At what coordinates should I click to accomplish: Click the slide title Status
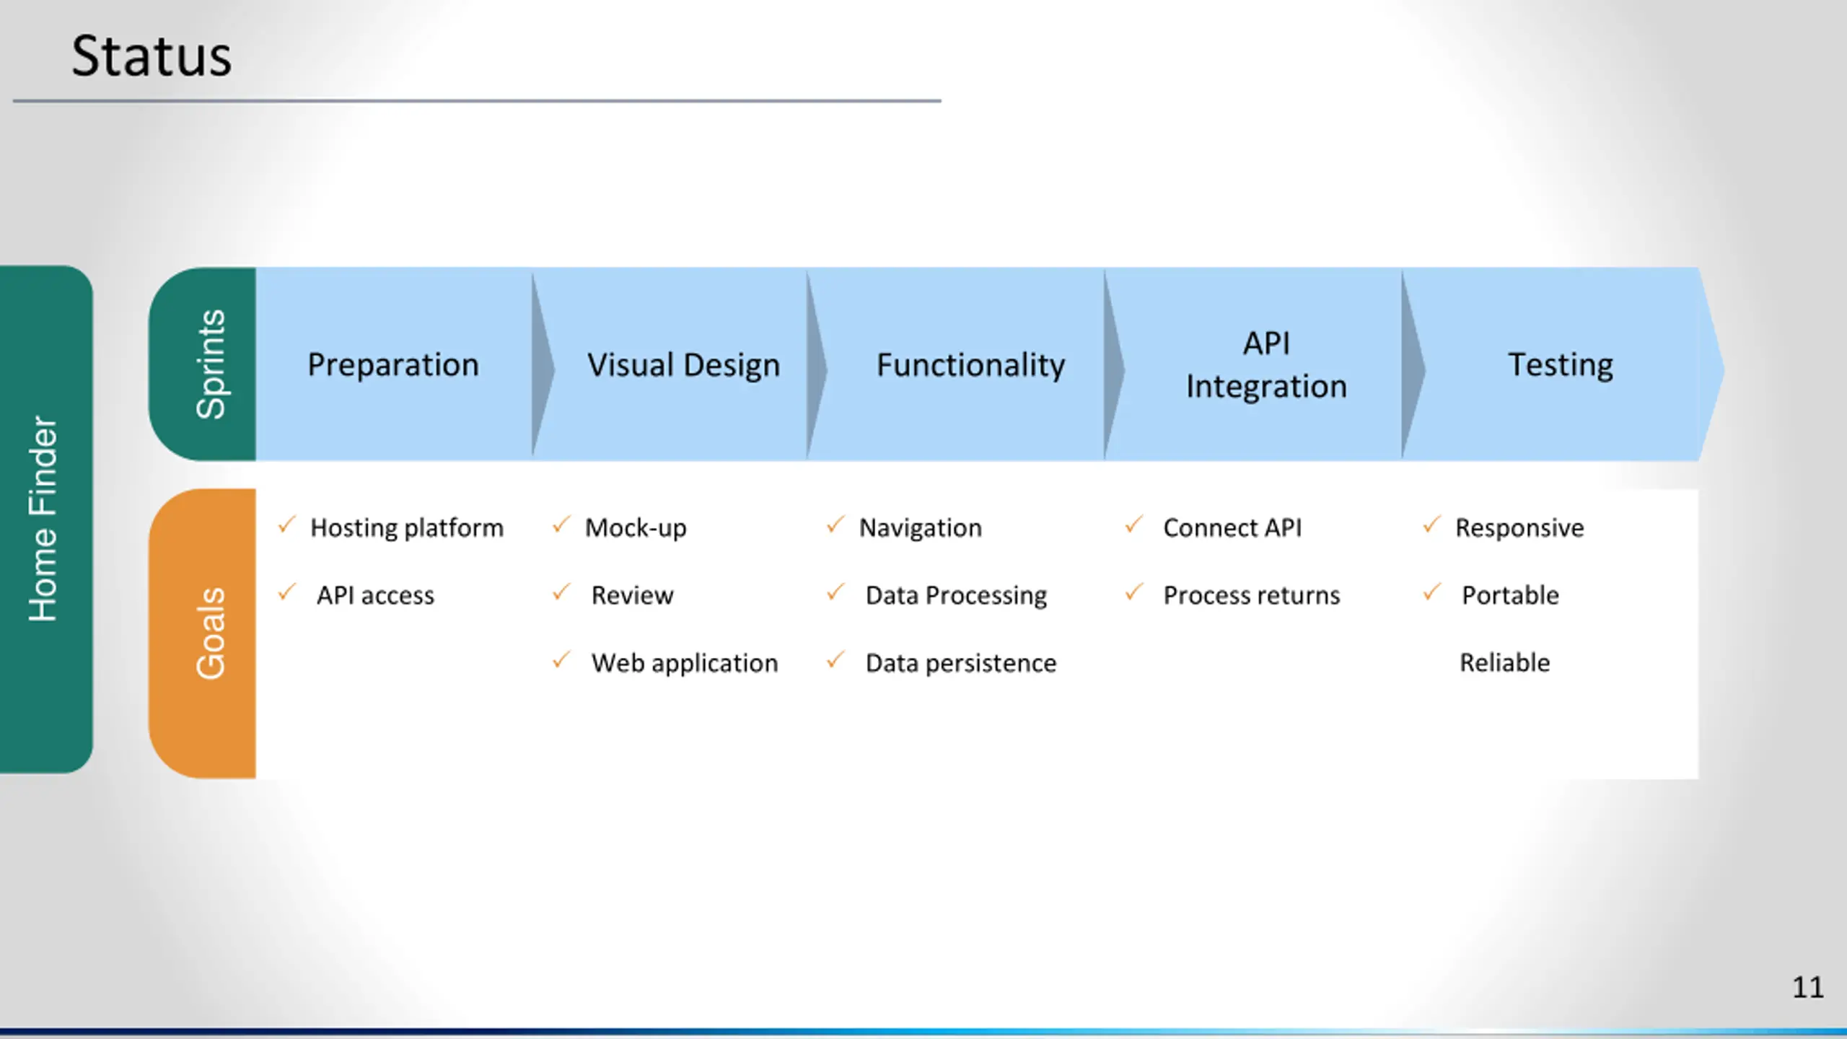152,56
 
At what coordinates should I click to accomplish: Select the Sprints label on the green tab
211,364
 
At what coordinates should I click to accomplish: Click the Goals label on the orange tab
211,633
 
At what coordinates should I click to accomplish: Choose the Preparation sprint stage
393,364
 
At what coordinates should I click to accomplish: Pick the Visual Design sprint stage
683,364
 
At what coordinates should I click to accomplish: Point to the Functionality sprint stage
970,364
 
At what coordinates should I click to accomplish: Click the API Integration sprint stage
1266,364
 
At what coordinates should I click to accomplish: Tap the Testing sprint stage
1561,364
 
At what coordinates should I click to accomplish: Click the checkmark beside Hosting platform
287,525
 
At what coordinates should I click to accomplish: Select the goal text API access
375,595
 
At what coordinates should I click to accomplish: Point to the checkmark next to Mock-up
561,525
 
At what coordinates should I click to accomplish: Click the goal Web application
685,663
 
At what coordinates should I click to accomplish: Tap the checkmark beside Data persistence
835,660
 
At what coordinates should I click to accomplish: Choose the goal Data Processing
956,595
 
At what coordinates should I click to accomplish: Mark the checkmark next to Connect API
1133,525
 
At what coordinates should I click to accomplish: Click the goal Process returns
1252,595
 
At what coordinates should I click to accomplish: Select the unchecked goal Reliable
1505,662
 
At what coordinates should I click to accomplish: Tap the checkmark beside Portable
1432,592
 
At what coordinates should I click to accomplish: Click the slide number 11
1808,987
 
